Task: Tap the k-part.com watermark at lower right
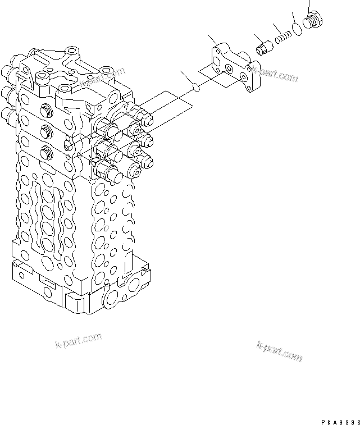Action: click(279, 353)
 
